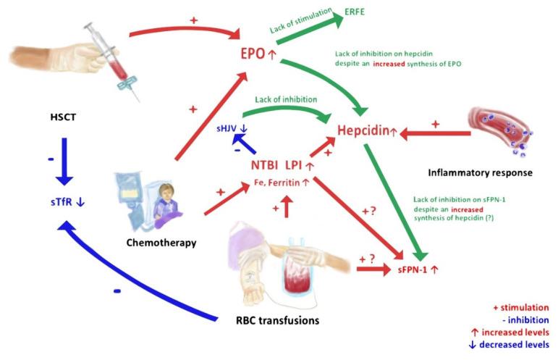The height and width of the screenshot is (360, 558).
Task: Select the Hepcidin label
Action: coord(369,133)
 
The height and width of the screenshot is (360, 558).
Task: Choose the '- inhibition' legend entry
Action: coord(520,319)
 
